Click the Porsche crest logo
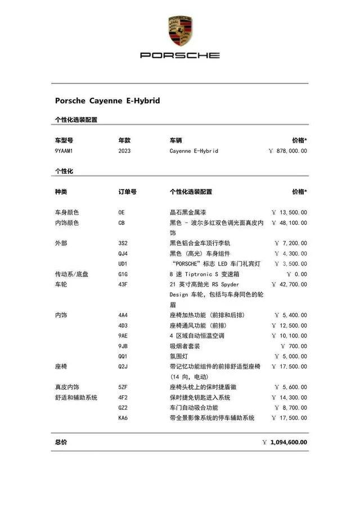[x=179, y=31]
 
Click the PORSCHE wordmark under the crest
[x=179, y=55]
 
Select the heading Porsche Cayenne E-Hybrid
[x=107, y=101]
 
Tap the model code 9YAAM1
[x=64, y=151]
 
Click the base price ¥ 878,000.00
[x=288, y=151]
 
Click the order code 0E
[x=121, y=213]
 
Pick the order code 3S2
[x=123, y=243]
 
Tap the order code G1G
[x=123, y=274]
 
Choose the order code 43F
[x=123, y=284]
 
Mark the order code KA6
[x=123, y=418]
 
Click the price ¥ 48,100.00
[x=289, y=223]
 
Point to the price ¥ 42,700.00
[x=289, y=284]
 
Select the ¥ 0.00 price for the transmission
[x=296, y=274]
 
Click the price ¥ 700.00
[x=293, y=346]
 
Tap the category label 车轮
[x=61, y=284]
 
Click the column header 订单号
[x=127, y=192]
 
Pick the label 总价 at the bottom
[x=61, y=442]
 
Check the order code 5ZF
[x=123, y=387]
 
